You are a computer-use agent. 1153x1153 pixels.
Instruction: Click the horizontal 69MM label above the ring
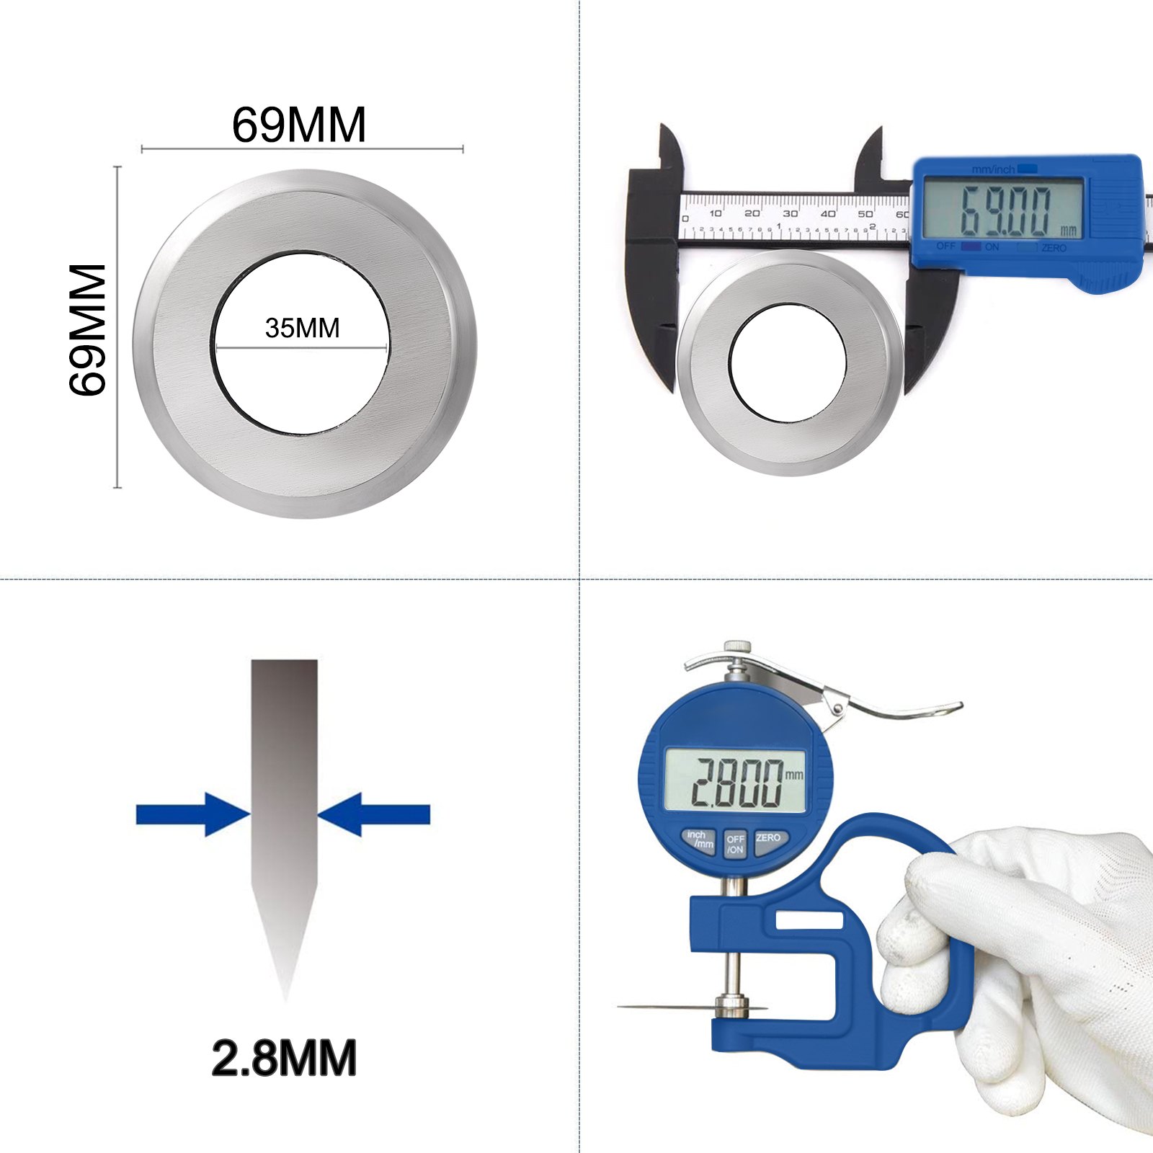coord(298,125)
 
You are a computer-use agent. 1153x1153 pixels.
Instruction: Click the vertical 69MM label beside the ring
coord(88,329)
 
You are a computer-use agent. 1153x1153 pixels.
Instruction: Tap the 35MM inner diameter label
coord(302,329)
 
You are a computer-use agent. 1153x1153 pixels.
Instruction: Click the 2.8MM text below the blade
coord(284,1058)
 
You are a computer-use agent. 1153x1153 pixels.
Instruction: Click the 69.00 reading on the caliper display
coord(1005,211)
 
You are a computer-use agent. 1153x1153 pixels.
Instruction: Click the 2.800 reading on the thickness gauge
coord(736,782)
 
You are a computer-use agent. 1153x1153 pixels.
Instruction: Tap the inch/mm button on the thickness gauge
coord(699,840)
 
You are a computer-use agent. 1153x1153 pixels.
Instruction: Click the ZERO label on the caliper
coord(1053,248)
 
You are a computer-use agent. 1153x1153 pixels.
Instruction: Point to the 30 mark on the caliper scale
coord(790,214)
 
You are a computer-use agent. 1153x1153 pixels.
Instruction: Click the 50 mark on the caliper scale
coord(865,214)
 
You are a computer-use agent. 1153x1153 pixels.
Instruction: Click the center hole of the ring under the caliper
coord(787,362)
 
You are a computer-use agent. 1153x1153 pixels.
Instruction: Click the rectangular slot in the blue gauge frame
coord(809,921)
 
